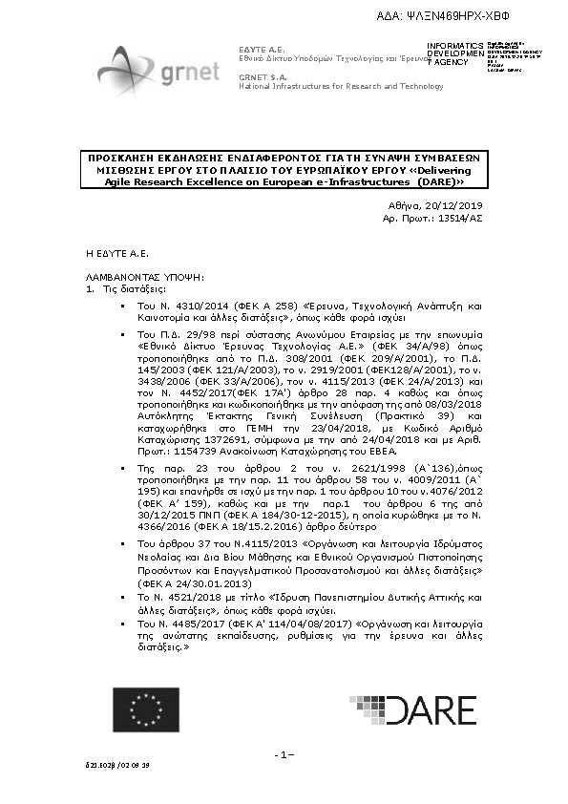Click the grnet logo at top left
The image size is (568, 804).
157,66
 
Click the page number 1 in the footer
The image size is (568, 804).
284,755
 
